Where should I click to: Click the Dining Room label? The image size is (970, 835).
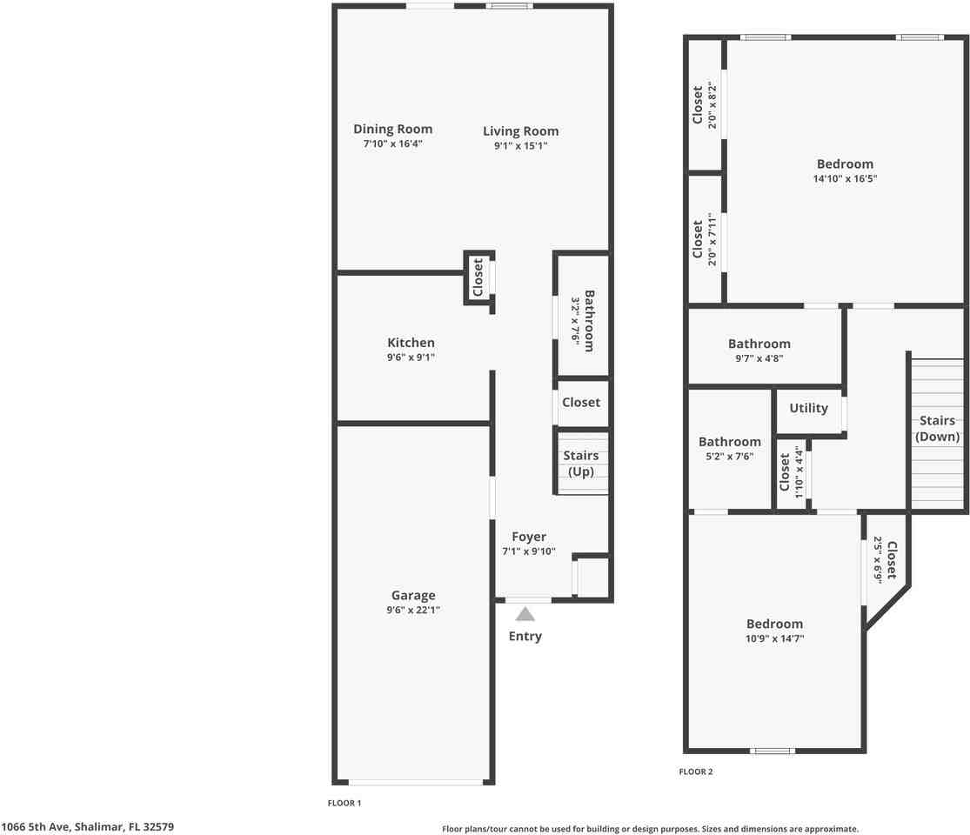pyautogui.click(x=392, y=130)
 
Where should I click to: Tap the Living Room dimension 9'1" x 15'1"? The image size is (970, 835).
pyautogui.click(x=521, y=146)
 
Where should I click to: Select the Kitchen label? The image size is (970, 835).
pyautogui.click(x=411, y=343)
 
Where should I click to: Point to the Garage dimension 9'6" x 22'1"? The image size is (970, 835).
pyautogui.click(x=413, y=610)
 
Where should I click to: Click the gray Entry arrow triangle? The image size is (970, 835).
pyautogui.click(x=525, y=613)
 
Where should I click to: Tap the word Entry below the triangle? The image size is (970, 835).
pyautogui.click(x=525, y=636)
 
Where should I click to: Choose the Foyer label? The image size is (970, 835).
pyautogui.click(x=529, y=537)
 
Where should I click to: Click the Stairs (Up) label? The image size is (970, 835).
pyautogui.click(x=581, y=464)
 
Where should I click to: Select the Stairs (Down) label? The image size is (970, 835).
pyautogui.click(x=937, y=428)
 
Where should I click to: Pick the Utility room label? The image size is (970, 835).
pyautogui.click(x=808, y=408)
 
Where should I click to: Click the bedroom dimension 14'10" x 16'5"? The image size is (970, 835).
pyautogui.click(x=845, y=179)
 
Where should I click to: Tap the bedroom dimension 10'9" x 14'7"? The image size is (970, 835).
pyautogui.click(x=774, y=638)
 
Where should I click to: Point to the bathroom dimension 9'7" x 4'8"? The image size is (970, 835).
pyautogui.click(x=759, y=358)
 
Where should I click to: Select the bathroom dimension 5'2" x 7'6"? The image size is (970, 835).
pyautogui.click(x=729, y=457)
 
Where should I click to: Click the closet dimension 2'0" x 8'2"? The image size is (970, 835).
pyautogui.click(x=712, y=105)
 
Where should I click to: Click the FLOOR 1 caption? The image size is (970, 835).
pyautogui.click(x=344, y=803)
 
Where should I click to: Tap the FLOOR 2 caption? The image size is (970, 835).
pyautogui.click(x=695, y=772)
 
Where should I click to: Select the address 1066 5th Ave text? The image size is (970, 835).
pyautogui.click(x=87, y=826)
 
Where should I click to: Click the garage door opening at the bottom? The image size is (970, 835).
pyautogui.click(x=415, y=782)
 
